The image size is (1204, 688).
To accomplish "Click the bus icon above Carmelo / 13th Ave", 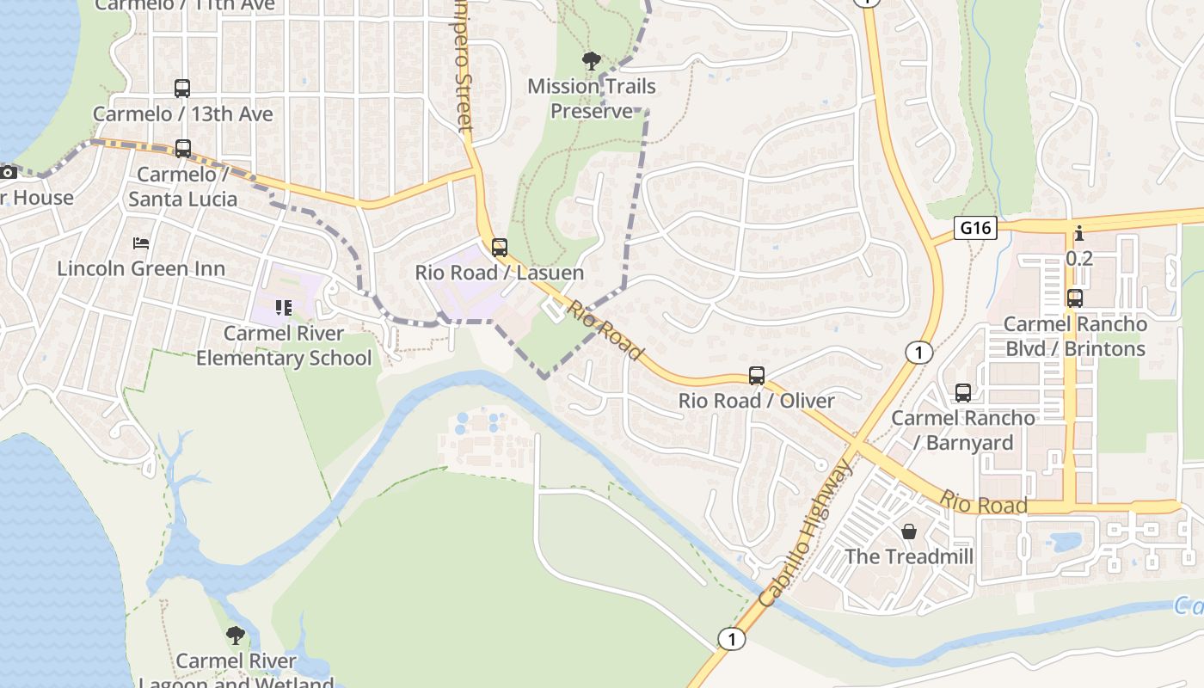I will (x=182, y=88).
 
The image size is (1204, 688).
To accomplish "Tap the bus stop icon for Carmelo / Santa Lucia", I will (x=182, y=149).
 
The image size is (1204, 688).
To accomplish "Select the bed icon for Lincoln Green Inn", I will (x=141, y=243).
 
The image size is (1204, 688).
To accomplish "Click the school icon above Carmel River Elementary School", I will (x=284, y=307).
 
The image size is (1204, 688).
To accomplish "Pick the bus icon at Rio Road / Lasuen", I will (x=500, y=248).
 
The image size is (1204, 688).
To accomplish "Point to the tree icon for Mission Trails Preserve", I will (x=591, y=61).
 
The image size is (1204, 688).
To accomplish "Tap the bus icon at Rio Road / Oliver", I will (x=757, y=376).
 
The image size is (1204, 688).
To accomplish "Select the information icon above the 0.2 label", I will (x=1078, y=233).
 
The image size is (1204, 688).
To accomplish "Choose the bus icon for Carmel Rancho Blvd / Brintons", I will (x=1075, y=298).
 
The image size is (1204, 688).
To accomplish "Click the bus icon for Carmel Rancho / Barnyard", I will (x=963, y=393).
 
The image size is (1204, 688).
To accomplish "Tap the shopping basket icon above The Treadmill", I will (x=909, y=531).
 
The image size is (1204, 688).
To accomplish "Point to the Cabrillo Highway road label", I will (x=806, y=533).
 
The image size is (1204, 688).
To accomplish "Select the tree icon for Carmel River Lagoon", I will (x=235, y=636).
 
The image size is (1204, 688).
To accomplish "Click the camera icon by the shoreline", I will (x=9, y=173).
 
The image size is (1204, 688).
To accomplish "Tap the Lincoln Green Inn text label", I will (x=141, y=268).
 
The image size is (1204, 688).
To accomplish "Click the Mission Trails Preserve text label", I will (x=592, y=98).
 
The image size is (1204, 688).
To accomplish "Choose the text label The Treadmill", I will (x=909, y=556).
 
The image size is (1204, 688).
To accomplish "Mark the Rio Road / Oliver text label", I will (x=757, y=401).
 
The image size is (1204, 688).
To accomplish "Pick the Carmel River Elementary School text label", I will (x=284, y=345).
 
